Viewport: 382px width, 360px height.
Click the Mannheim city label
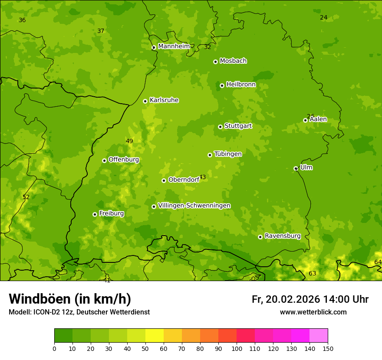click(x=174, y=46)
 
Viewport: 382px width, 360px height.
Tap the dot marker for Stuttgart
click(x=220, y=127)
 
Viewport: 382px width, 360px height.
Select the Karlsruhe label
click(x=164, y=100)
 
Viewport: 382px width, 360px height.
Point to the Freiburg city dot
click(x=95, y=214)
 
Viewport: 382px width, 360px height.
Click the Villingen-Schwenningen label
click(x=194, y=206)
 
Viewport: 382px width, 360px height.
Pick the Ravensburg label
click(x=282, y=236)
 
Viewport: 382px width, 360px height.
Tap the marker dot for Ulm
click(x=296, y=168)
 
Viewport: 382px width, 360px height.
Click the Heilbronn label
click(x=241, y=85)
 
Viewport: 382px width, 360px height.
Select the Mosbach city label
click(x=233, y=61)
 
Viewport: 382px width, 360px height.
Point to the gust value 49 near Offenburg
click(x=129, y=141)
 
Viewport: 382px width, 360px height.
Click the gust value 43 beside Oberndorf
click(x=202, y=177)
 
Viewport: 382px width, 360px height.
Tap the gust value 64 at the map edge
click(x=378, y=262)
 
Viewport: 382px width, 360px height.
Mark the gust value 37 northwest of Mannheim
click(x=101, y=31)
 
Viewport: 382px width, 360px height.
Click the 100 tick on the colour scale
click(x=237, y=348)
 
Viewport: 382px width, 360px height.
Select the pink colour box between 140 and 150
click(x=319, y=336)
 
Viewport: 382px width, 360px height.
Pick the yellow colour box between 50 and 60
click(x=155, y=336)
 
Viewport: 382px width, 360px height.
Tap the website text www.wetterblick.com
click(x=313, y=312)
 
